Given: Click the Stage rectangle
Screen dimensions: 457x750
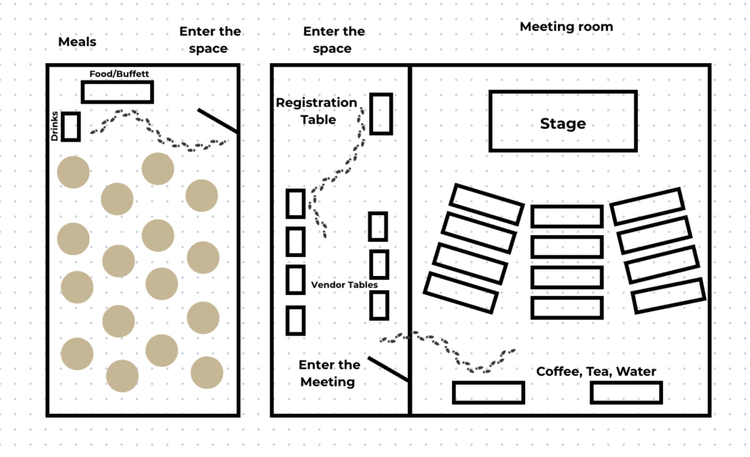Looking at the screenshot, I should click(x=562, y=122).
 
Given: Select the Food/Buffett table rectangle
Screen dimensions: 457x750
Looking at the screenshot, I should click(x=117, y=92).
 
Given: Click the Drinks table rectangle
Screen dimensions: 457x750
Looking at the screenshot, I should click(x=71, y=126).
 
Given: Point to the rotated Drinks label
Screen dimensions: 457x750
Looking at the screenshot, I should click(x=55, y=126).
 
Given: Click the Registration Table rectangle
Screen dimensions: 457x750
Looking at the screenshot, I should click(x=380, y=114).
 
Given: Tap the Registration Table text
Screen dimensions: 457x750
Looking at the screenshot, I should click(x=316, y=111).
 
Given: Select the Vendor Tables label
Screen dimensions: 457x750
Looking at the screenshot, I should click(x=339, y=284).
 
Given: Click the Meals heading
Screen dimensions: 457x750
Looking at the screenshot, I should click(x=77, y=42).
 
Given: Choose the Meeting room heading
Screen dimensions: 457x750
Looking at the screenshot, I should click(x=566, y=27).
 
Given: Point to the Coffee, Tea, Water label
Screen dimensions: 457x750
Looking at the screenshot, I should click(x=596, y=371).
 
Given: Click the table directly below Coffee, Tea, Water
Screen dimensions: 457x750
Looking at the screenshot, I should click(x=626, y=393).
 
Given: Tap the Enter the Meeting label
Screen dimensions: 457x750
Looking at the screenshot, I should click(x=330, y=373).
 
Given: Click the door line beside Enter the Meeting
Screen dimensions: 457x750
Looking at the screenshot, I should click(x=387, y=369).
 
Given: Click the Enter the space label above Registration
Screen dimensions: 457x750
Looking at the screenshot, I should click(x=333, y=40).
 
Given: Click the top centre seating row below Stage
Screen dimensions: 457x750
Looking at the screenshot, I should click(x=567, y=216).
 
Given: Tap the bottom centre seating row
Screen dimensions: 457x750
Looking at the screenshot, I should click(x=567, y=308).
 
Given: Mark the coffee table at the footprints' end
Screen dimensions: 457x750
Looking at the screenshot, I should click(x=488, y=393).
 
